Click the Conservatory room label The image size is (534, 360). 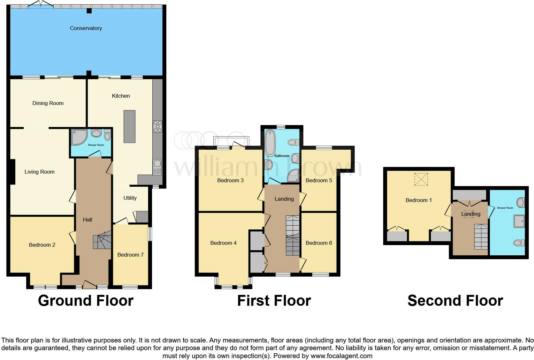86,28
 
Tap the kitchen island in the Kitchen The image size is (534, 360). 129,126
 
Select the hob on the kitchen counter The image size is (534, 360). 157,126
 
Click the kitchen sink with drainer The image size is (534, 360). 157,167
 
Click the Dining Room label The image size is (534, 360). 48,103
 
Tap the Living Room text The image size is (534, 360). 40,172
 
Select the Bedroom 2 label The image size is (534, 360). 42,245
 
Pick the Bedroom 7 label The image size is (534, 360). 130,255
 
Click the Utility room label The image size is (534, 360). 130,198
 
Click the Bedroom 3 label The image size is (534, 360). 230,180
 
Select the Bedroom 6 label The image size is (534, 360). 319,243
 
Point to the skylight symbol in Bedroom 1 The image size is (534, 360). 421,179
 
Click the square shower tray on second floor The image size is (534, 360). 519,221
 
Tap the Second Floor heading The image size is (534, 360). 455,301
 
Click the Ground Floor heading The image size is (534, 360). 86,301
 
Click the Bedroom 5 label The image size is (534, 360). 319,180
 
